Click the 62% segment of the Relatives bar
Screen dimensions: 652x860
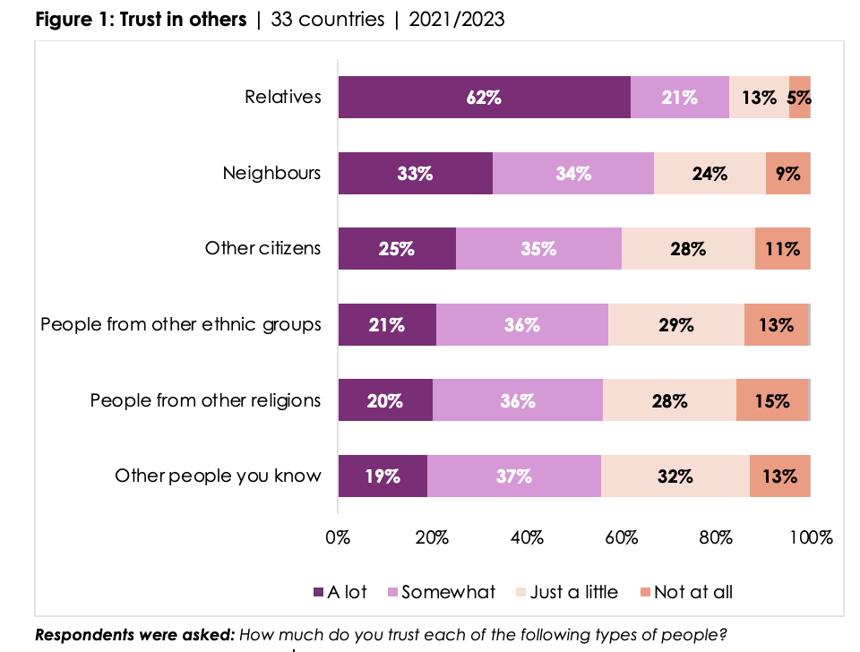click(x=484, y=98)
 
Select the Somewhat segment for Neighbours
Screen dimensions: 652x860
click(x=573, y=174)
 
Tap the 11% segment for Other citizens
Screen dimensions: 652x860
click(x=782, y=249)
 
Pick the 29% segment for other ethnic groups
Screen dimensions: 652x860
click(x=675, y=325)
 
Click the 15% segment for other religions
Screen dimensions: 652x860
click(x=771, y=400)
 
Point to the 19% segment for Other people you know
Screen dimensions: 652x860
click(x=383, y=476)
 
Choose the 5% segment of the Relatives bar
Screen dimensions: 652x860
click(x=799, y=98)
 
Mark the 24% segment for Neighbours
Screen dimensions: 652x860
click(x=709, y=174)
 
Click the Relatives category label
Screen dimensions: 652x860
click(x=283, y=97)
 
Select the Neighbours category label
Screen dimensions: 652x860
click(x=271, y=173)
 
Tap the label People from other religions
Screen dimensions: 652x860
click(x=205, y=400)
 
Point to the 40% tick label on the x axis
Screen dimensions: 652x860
click(x=527, y=537)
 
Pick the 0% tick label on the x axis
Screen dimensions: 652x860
click(x=338, y=537)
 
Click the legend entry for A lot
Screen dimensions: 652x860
click(x=341, y=592)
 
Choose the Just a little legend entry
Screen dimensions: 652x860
click(x=568, y=592)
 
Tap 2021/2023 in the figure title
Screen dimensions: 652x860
click(x=456, y=20)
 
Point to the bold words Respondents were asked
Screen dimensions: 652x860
click(x=134, y=636)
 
